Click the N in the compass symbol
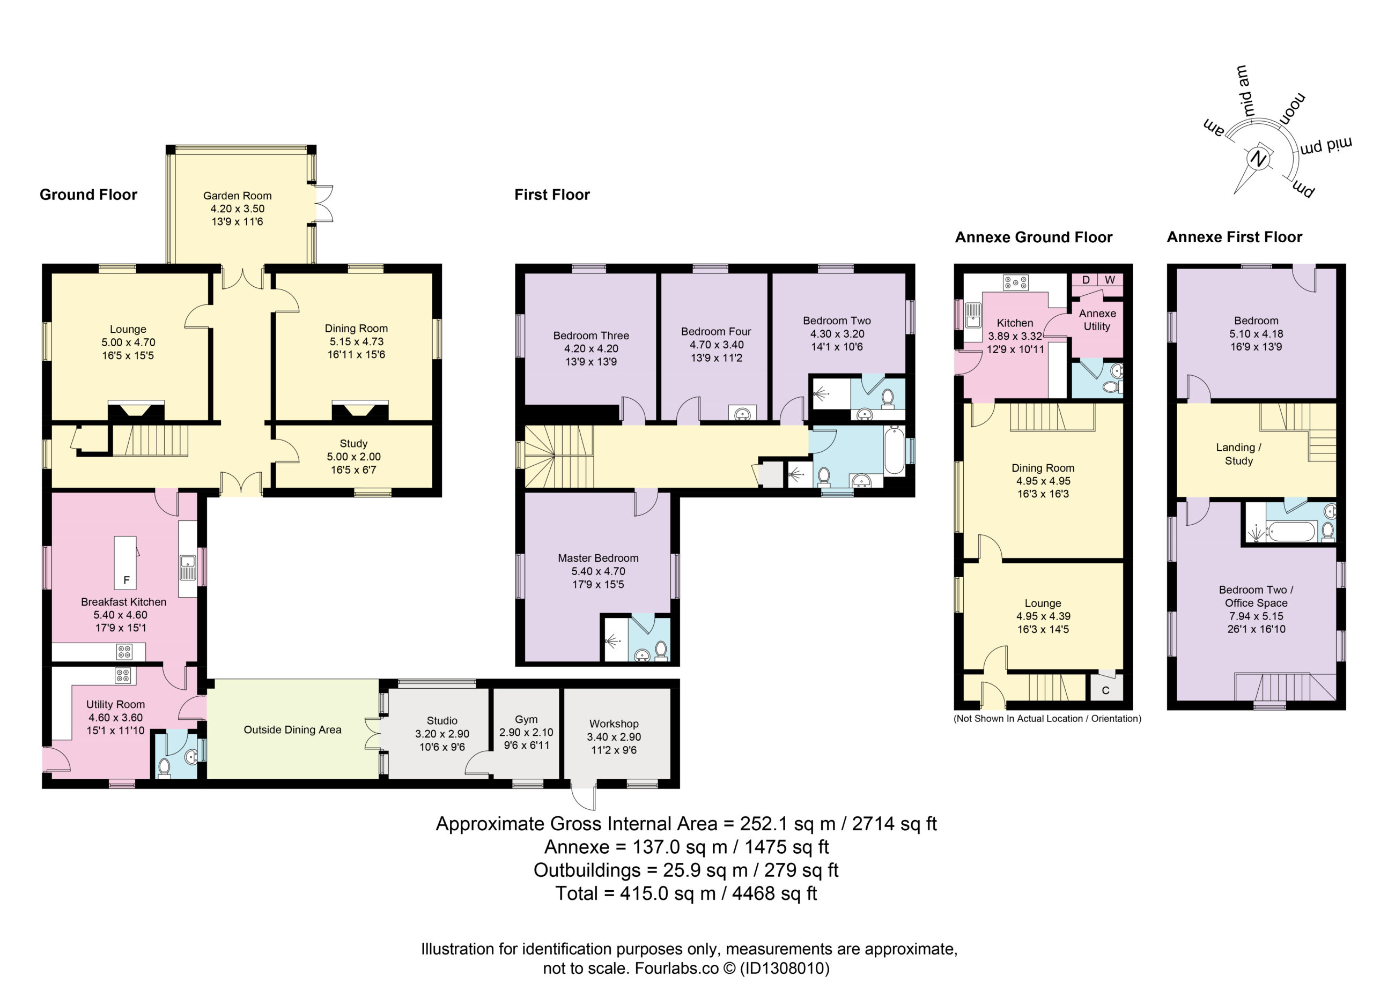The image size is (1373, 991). [1259, 159]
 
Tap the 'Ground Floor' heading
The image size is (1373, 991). [88, 194]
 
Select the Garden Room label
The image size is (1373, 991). [237, 196]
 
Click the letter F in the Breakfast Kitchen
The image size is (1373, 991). [127, 580]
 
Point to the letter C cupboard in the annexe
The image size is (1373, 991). [1105, 690]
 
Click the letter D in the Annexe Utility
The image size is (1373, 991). [1086, 280]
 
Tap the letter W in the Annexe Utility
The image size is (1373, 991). [1110, 280]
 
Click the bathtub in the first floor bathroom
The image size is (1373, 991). [894, 450]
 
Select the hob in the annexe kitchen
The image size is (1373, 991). [1015, 282]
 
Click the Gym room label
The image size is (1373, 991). [526, 719]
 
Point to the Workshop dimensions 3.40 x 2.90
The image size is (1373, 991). [614, 737]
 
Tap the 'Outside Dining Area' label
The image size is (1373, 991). [292, 729]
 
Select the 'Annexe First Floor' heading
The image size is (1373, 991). [1235, 236]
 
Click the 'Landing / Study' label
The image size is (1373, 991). [1238, 454]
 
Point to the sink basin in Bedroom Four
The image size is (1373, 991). [742, 414]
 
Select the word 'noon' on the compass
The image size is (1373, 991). [1293, 108]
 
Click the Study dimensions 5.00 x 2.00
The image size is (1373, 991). [353, 457]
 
